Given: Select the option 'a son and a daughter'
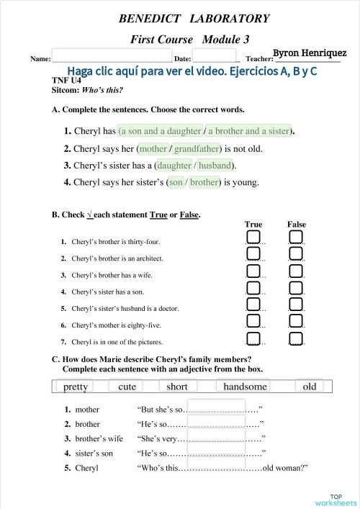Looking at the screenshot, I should tap(160, 131).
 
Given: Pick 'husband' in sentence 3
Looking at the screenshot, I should tap(216, 166).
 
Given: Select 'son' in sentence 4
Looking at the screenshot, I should tap(176, 182).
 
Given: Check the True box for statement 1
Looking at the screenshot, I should tap(253, 238).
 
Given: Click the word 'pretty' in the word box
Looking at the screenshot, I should tap(76, 387).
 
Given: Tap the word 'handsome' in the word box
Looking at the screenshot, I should tap(245, 387).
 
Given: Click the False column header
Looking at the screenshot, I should tap(297, 225).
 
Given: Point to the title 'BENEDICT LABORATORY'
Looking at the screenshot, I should tap(194, 19).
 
